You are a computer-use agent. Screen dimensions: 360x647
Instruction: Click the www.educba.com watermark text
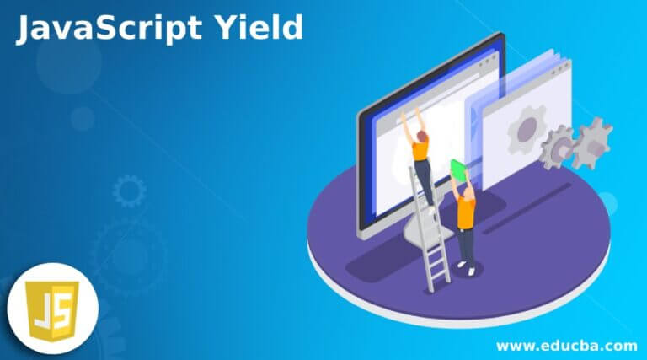(566, 345)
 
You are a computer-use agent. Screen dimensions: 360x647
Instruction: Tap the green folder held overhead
(457, 169)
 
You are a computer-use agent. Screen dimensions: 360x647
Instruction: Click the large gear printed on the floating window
(527, 130)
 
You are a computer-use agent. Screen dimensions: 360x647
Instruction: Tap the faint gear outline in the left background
(129, 191)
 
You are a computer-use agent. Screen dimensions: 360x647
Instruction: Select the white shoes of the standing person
(466, 267)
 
